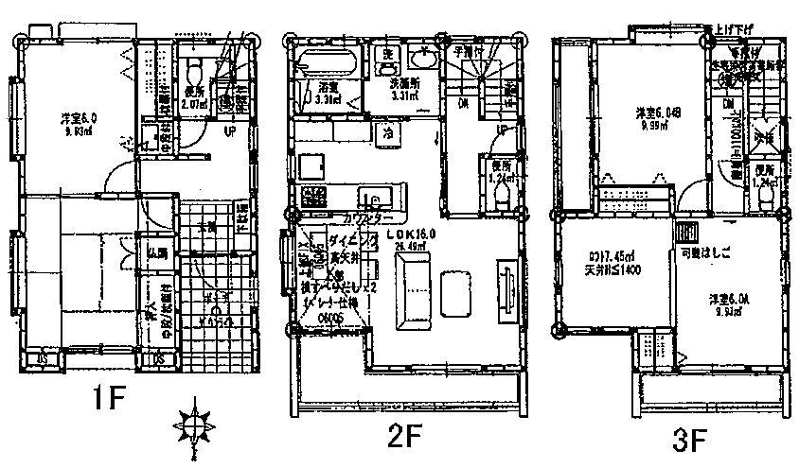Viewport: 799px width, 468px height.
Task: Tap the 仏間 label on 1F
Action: pyautogui.click(x=156, y=253)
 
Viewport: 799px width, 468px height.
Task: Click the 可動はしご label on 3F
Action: pyautogui.click(x=705, y=255)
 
